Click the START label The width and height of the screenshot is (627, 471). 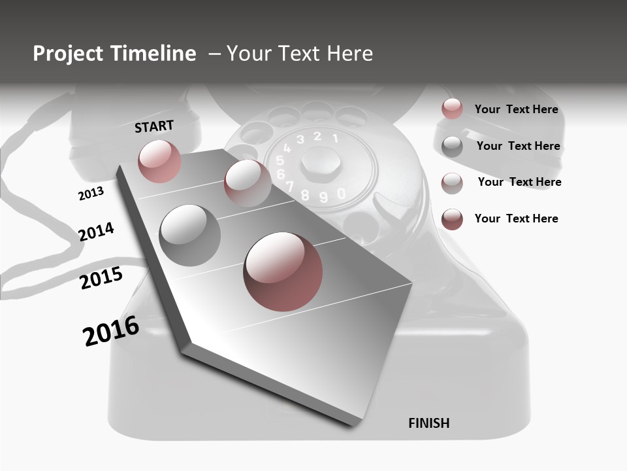[154, 126]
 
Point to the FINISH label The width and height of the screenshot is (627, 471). [428, 423]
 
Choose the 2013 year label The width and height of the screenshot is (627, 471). [91, 194]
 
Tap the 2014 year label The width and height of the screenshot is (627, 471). [96, 232]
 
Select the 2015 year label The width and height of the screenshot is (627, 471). [101, 278]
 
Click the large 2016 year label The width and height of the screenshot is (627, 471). [111, 330]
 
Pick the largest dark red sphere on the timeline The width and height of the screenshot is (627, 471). [283, 271]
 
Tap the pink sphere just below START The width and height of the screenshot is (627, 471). [159, 161]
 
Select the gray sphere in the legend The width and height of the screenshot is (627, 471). [452, 147]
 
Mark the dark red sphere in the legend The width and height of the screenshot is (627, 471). [452, 219]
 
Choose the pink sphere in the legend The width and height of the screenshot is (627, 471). [452, 109]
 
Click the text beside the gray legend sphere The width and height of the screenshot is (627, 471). [518, 146]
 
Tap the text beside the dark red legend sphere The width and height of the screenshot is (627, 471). [516, 218]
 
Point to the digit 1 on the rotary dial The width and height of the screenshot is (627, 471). [335, 138]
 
